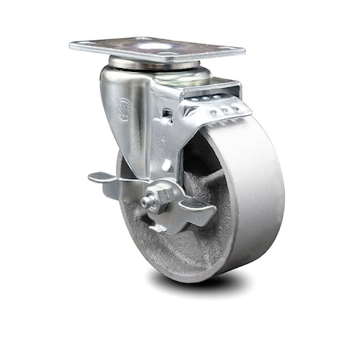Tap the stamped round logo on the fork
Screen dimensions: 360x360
[124, 109]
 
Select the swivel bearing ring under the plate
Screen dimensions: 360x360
[152, 64]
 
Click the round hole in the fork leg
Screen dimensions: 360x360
[166, 164]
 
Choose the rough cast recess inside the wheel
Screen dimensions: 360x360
[152, 240]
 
